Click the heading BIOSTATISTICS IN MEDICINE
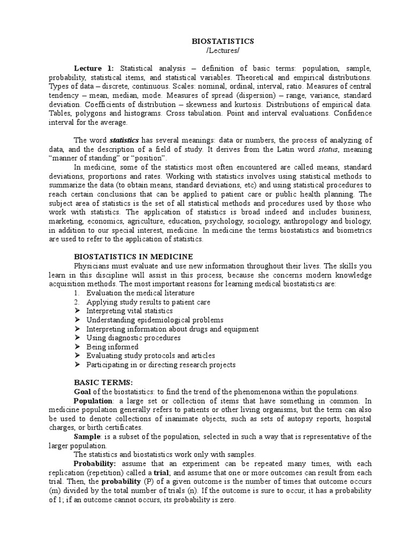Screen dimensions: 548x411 point(133,257)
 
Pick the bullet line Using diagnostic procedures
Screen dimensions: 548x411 point(133,338)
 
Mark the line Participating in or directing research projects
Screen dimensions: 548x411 point(161,365)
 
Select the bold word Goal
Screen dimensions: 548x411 point(83,392)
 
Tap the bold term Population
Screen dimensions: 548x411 point(93,401)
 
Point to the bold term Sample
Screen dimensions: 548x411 point(87,437)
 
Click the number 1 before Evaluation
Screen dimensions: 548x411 point(77,293)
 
